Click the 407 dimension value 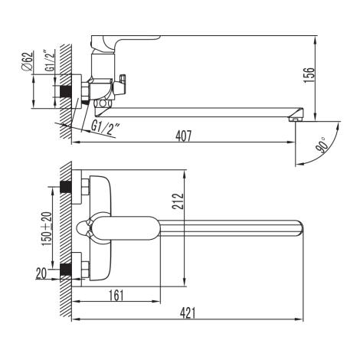[x=183, y=136]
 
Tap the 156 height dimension [x=309, y=74]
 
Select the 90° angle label [x=322, y=145]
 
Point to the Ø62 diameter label [x=28, y=61]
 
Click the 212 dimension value [x=178, y=201]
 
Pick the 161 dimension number [x=116, y=296]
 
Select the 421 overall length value [x=188, y=313]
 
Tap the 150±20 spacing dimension [x=47, y=229]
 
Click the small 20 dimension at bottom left [x=41, y=273]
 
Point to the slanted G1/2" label [x=105, y=127]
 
